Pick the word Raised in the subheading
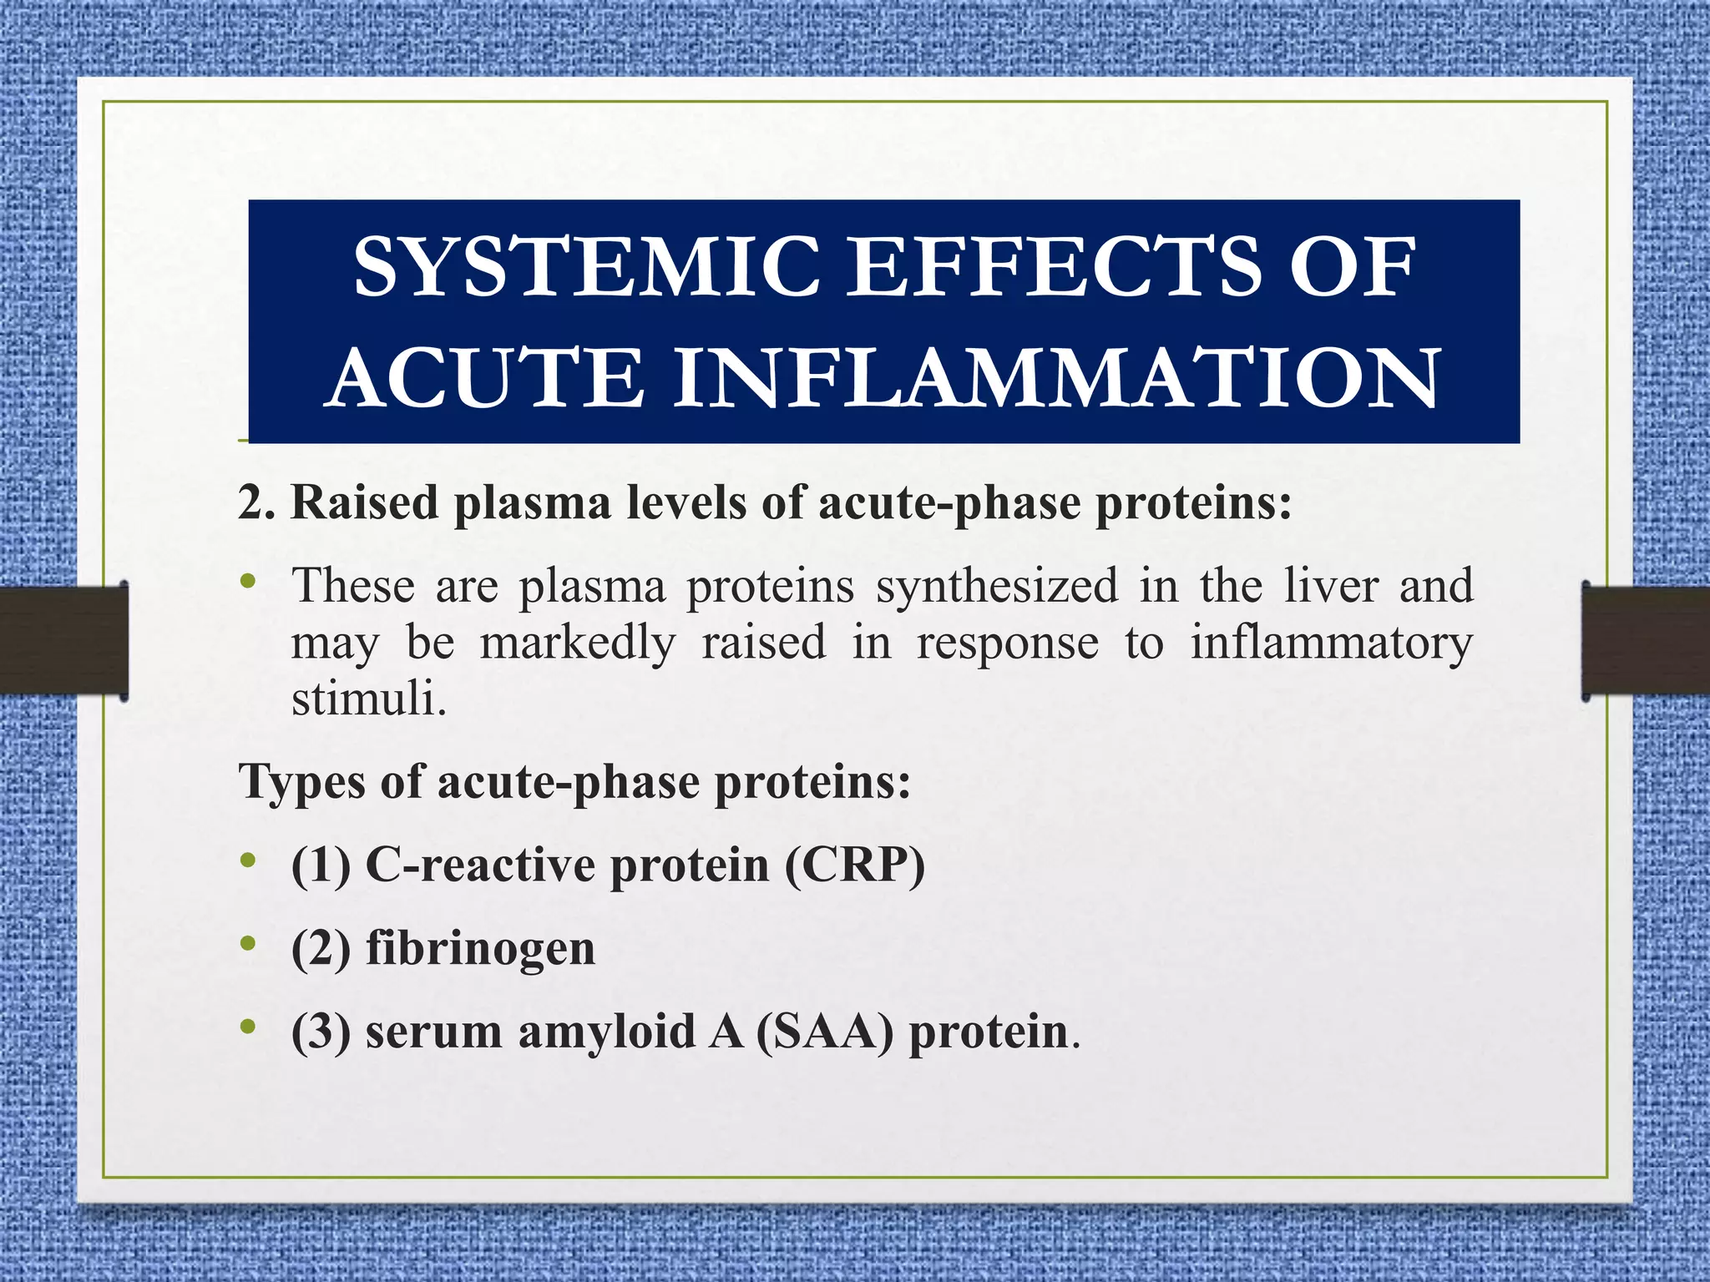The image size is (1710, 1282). (364, 503)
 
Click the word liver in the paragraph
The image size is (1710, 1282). (1331, 586)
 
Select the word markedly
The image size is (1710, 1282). (578, 643)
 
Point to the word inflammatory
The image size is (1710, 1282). (1331, 643)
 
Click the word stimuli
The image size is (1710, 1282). (368, 699)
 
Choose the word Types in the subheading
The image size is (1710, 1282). (301, 783)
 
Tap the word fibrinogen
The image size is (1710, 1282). (480, 948)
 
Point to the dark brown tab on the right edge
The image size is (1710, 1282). (1646, 640)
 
